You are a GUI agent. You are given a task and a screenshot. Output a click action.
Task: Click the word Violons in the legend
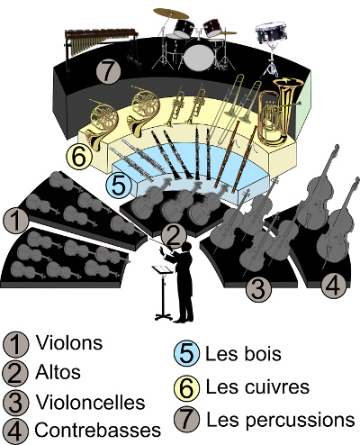(69, 343)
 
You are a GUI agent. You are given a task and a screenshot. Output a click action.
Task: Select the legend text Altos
(59, 370)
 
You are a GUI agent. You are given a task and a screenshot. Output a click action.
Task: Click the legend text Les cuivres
(256, 386)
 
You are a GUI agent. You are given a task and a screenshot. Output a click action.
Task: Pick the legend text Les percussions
(280, 419)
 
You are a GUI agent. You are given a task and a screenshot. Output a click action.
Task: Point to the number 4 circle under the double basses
(332, 286)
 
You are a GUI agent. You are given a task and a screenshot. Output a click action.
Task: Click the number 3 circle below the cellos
(259, 289)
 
